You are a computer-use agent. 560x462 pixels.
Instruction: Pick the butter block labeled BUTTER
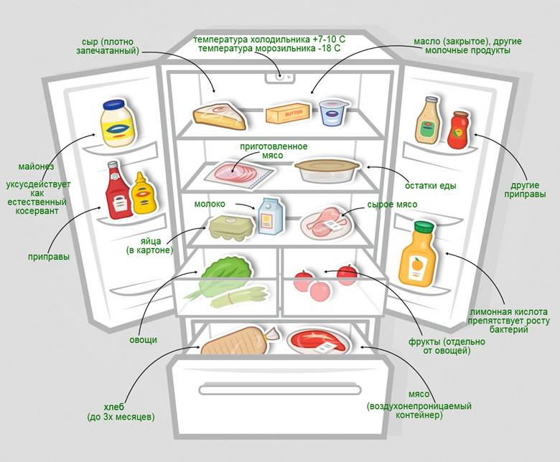(x=287, y=113)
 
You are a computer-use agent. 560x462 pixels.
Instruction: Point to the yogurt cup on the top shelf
(x=333, y=113)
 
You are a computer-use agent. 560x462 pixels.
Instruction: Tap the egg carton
(x=230, y=227)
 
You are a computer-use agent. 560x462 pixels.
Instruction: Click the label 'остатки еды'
(x=431, y=187)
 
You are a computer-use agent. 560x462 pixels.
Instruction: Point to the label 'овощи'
(x=143, y=339)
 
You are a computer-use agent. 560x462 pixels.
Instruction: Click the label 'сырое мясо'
(x=392, y=204)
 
